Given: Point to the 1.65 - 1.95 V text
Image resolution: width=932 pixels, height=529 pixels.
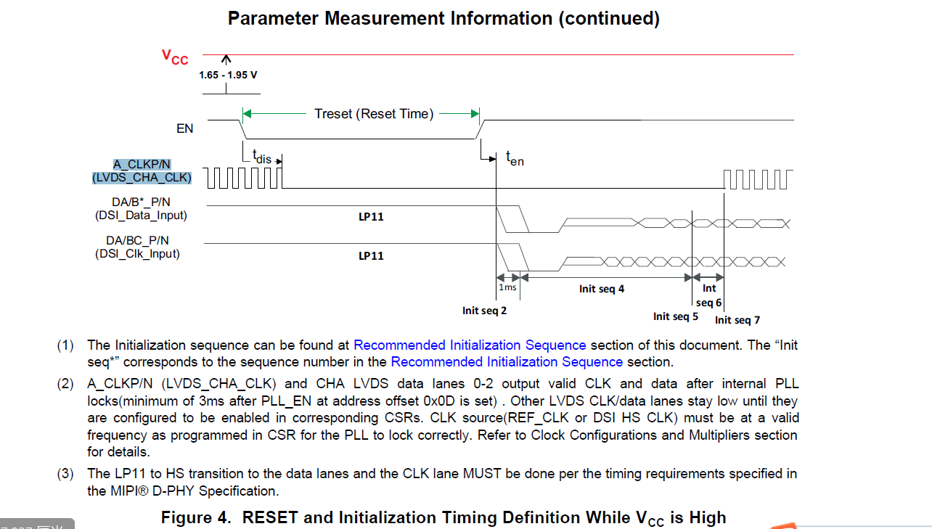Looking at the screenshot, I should click(228, 74).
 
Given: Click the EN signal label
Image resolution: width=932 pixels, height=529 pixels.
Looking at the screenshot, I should click(185, 128).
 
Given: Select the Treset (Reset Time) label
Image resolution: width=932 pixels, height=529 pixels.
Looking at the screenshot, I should click(374, 114).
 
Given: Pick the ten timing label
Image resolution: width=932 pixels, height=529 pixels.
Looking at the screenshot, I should click(515, 158).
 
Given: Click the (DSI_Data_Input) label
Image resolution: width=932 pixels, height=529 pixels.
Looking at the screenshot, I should click(141, 215).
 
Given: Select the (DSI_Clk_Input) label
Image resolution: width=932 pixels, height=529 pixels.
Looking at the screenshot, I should click(137, 254).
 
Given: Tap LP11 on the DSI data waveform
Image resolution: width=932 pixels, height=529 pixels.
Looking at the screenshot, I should click(371, 217).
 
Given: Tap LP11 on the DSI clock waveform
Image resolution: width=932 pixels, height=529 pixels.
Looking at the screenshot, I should click(371, 256).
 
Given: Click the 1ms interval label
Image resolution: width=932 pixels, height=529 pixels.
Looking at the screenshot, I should click(507, 287).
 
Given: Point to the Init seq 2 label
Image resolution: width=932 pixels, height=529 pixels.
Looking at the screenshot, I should click(484, 311).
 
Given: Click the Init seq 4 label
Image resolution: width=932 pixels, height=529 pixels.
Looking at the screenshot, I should click(602, 289).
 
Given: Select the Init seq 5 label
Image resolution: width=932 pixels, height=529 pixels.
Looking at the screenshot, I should click(675, 316).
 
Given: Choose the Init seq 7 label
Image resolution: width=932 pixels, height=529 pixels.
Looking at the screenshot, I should click(737, 320).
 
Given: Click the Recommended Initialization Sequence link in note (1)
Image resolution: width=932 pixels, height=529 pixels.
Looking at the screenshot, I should click(470, 345).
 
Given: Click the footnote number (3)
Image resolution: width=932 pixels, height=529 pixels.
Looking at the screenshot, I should click(66, 474).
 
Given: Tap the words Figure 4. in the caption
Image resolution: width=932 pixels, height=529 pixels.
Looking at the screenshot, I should click(197, 517).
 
